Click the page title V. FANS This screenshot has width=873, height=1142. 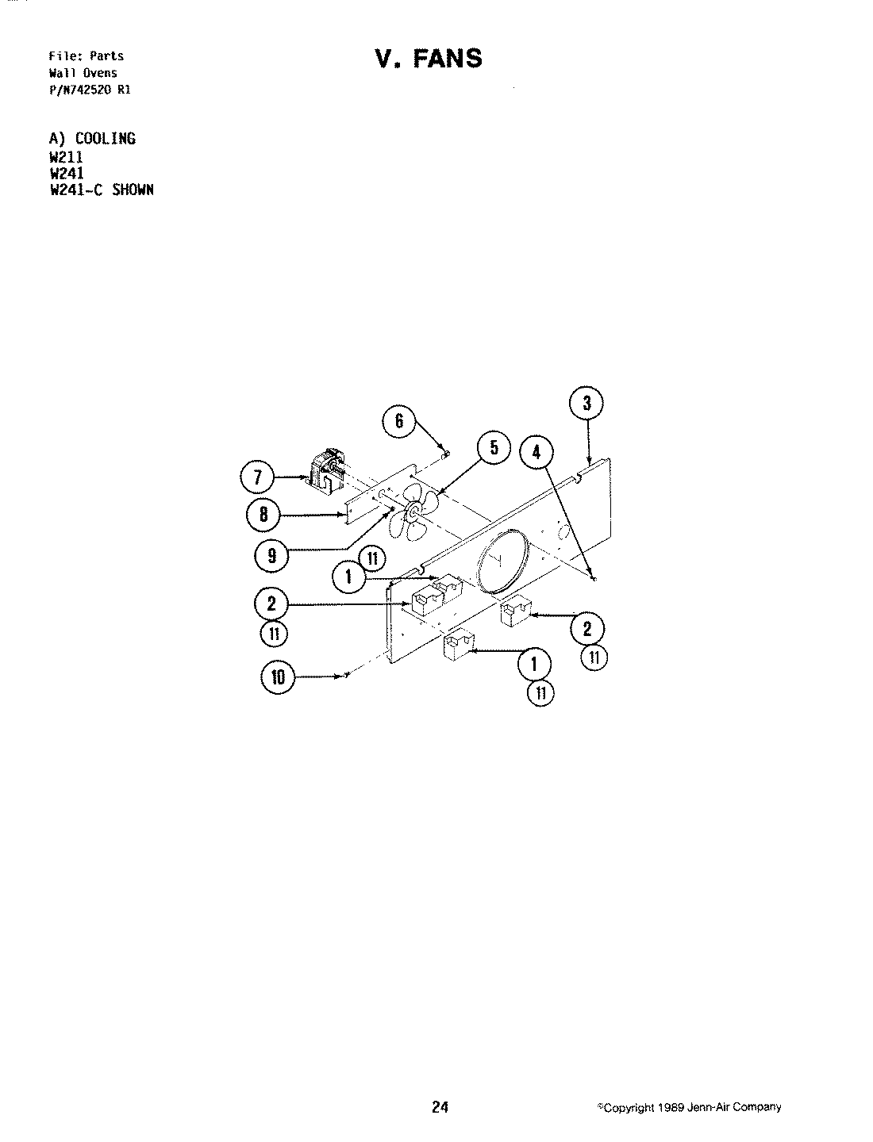point(428,59)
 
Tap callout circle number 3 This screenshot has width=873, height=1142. point(586,404)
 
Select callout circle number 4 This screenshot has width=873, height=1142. point(536,452)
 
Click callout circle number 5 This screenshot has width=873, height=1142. point(494,448)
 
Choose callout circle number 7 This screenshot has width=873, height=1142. point(258,478)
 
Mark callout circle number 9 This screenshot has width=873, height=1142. point(271,556)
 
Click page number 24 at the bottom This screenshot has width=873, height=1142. point(440,1108)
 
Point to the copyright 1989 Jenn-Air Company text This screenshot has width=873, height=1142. point(690,1108)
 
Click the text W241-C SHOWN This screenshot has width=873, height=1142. point(101,190)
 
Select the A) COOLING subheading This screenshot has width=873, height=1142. point(92,139)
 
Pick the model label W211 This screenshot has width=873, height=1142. point(66,156)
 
